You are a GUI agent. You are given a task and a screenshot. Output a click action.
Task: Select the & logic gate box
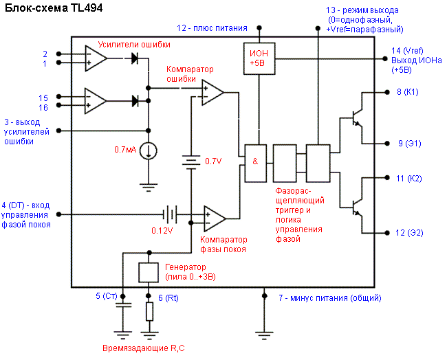[x=255, y=163]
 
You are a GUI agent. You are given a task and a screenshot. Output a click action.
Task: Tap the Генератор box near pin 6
[x=149, y=272]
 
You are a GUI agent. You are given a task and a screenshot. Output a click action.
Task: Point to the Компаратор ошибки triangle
[x=212, y=91]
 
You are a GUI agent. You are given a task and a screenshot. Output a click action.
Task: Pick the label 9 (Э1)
[x=410, y=143]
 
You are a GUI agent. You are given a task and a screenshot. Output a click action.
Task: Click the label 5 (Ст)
[x=107, y=296]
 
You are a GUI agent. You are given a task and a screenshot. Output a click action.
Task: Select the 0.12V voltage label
[x=162, y=229]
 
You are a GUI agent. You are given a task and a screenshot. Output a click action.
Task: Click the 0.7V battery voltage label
[x=213, y=161]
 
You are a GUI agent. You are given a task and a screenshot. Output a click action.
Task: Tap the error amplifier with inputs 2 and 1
[x=96, y=58]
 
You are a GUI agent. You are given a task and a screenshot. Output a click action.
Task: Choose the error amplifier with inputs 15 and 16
[x=96, y=100]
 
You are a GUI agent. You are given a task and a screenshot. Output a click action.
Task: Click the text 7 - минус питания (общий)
[x=329, y=297]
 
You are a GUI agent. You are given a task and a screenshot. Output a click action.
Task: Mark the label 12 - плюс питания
[x=212, y=28]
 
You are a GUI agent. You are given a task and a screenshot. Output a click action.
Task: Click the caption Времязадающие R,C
[x=143, y=349]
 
